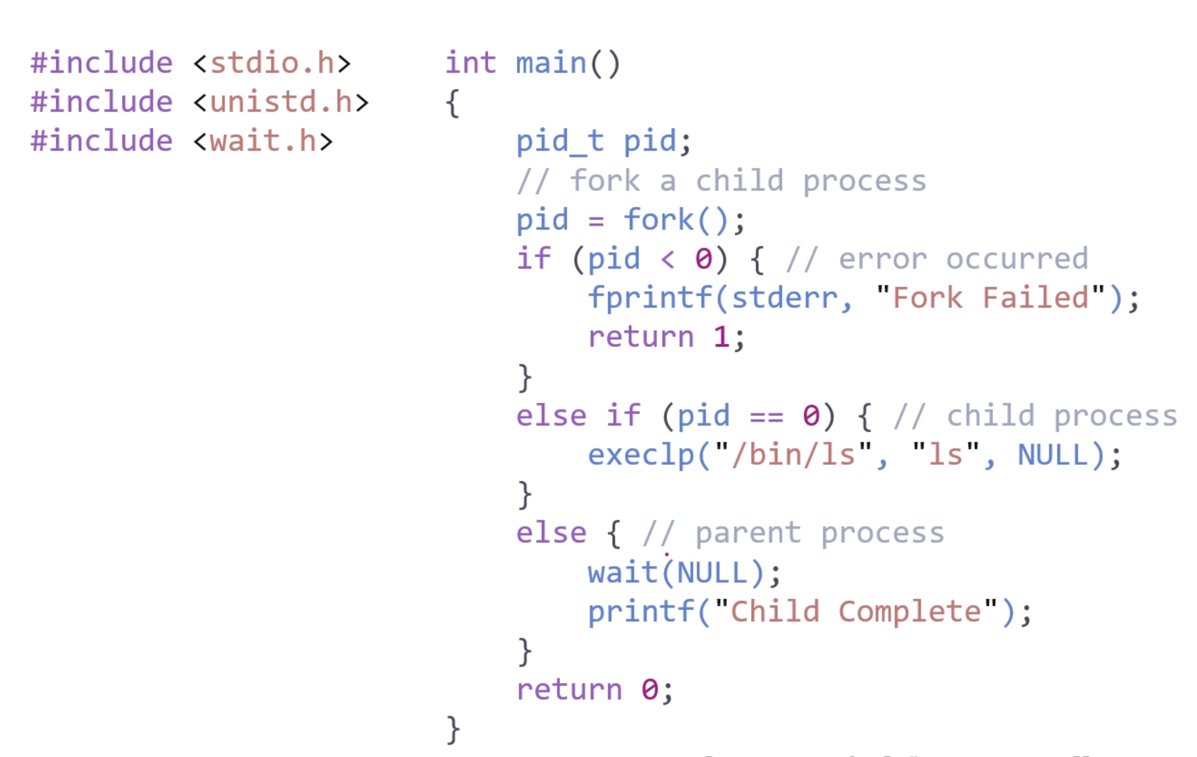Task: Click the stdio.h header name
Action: [272, 63]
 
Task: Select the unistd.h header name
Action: [281, 102]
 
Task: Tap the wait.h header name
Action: [263, 141]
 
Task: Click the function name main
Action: [551, 63]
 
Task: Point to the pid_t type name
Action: [560, 141]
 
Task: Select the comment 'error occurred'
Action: [963, 259]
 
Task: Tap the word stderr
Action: [784, 298]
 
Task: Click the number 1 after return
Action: [721, 337]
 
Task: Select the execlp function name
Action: [641, 455]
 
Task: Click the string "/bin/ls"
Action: [793, 455]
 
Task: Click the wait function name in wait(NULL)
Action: [623, 572]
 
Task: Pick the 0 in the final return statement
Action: [650, 689]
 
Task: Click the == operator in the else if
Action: [766, 415]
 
